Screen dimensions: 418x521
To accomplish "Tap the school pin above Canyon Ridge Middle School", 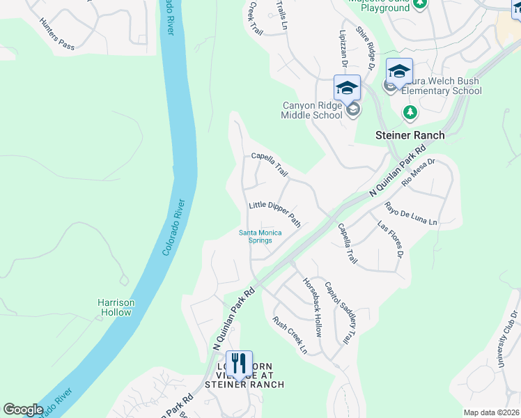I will (347, 88).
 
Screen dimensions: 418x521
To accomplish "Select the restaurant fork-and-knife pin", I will (239, 364).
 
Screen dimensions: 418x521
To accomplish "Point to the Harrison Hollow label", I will (116, 307).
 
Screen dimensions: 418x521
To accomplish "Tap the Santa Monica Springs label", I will (260, 236).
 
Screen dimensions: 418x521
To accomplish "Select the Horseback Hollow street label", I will (312, 307).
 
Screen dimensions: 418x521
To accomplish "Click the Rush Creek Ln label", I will (290, 334).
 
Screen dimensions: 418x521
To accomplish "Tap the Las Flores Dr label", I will (391, 240).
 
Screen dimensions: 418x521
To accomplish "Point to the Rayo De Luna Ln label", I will (411, 214).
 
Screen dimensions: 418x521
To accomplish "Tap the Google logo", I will (23, 410).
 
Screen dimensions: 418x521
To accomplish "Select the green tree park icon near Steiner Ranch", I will (410, 111).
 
